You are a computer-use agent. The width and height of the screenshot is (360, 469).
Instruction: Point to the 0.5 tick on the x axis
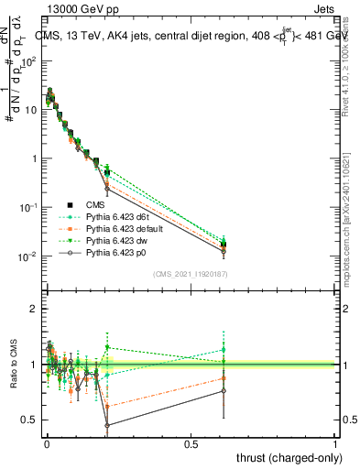click(x=191, y=444)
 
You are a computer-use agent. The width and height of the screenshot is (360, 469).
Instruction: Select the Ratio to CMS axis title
click(x=13, y=365)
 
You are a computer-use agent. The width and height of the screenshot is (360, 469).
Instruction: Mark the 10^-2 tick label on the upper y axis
click(x=27, y=256)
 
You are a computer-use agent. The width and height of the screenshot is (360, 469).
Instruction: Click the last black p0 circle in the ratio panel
click(x=224, y=391)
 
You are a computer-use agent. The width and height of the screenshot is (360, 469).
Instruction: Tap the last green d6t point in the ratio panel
click(x=224, y=350)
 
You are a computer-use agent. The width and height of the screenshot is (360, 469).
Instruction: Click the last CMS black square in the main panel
click(x=224, y=245)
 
